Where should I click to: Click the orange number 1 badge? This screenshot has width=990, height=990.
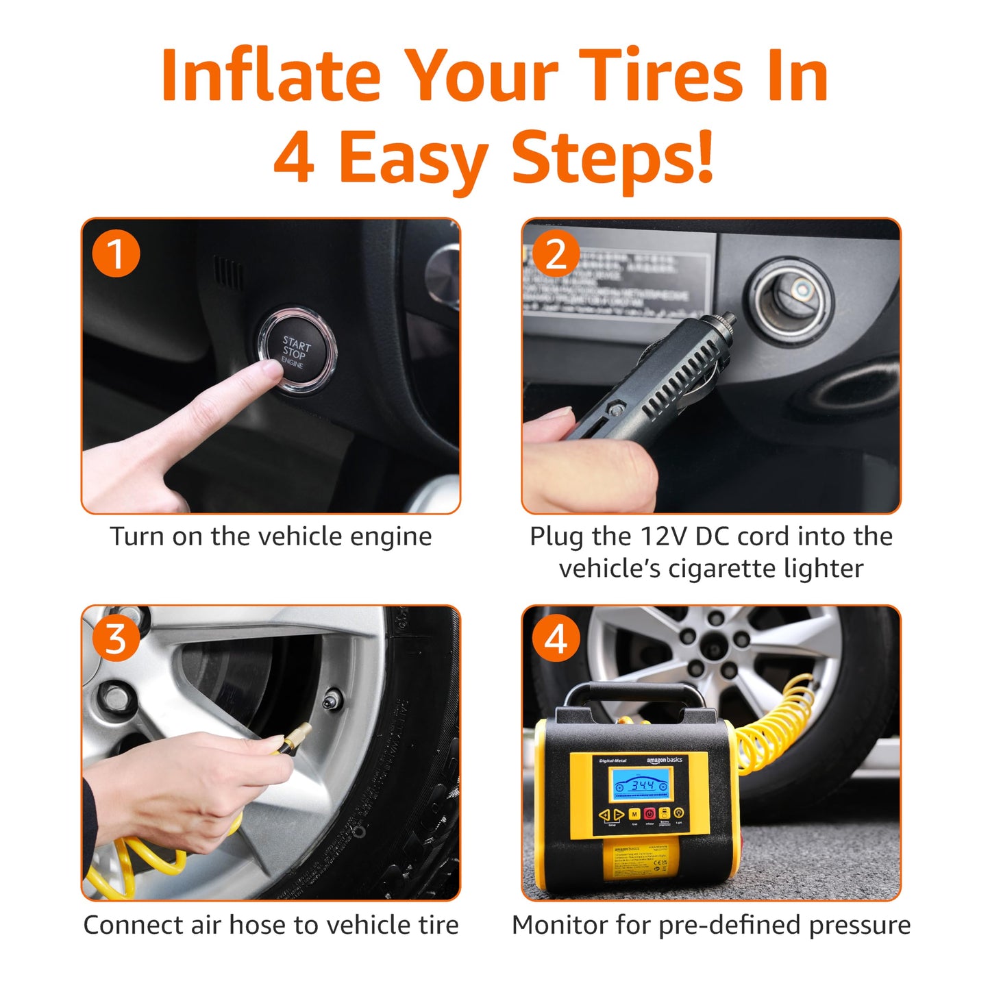click(116, 253)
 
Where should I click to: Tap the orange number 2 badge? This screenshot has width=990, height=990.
click(556, 253)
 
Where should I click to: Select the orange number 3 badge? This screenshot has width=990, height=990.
click(116, 639)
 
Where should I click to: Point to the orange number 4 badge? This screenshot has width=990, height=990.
click(556, 639)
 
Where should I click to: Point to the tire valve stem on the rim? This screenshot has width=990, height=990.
click(333, 700)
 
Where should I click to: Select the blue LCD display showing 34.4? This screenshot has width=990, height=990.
click(642, 785)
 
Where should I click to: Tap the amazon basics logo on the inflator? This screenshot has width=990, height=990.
click(664, 760)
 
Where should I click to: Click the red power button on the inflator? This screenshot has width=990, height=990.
click(649, 814)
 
